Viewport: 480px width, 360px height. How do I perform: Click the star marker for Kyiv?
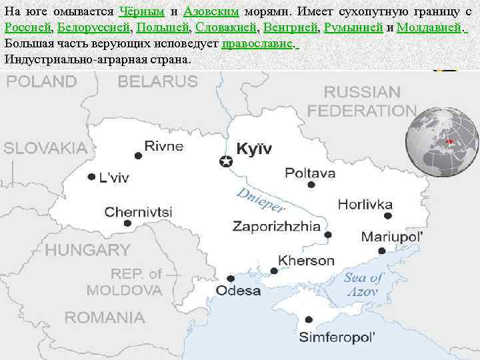(226, 161)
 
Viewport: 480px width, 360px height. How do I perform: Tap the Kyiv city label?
(254, 149)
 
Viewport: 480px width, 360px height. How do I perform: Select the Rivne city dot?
(138, 155)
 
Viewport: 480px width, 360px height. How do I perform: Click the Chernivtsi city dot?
(127, 223)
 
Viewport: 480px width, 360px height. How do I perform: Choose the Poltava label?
(310, 173)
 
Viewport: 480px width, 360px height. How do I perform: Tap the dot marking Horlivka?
(388, 215)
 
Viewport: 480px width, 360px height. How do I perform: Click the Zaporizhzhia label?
(276, 226)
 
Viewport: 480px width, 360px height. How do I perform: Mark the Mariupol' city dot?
(381, 251)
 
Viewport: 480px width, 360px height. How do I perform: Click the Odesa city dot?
(231, 278)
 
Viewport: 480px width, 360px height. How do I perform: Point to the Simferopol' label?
(337, 337)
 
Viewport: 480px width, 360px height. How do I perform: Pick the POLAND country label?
(41, 82)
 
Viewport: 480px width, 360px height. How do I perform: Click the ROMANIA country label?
(105, 317)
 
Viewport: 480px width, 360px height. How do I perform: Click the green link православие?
(257, 43)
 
